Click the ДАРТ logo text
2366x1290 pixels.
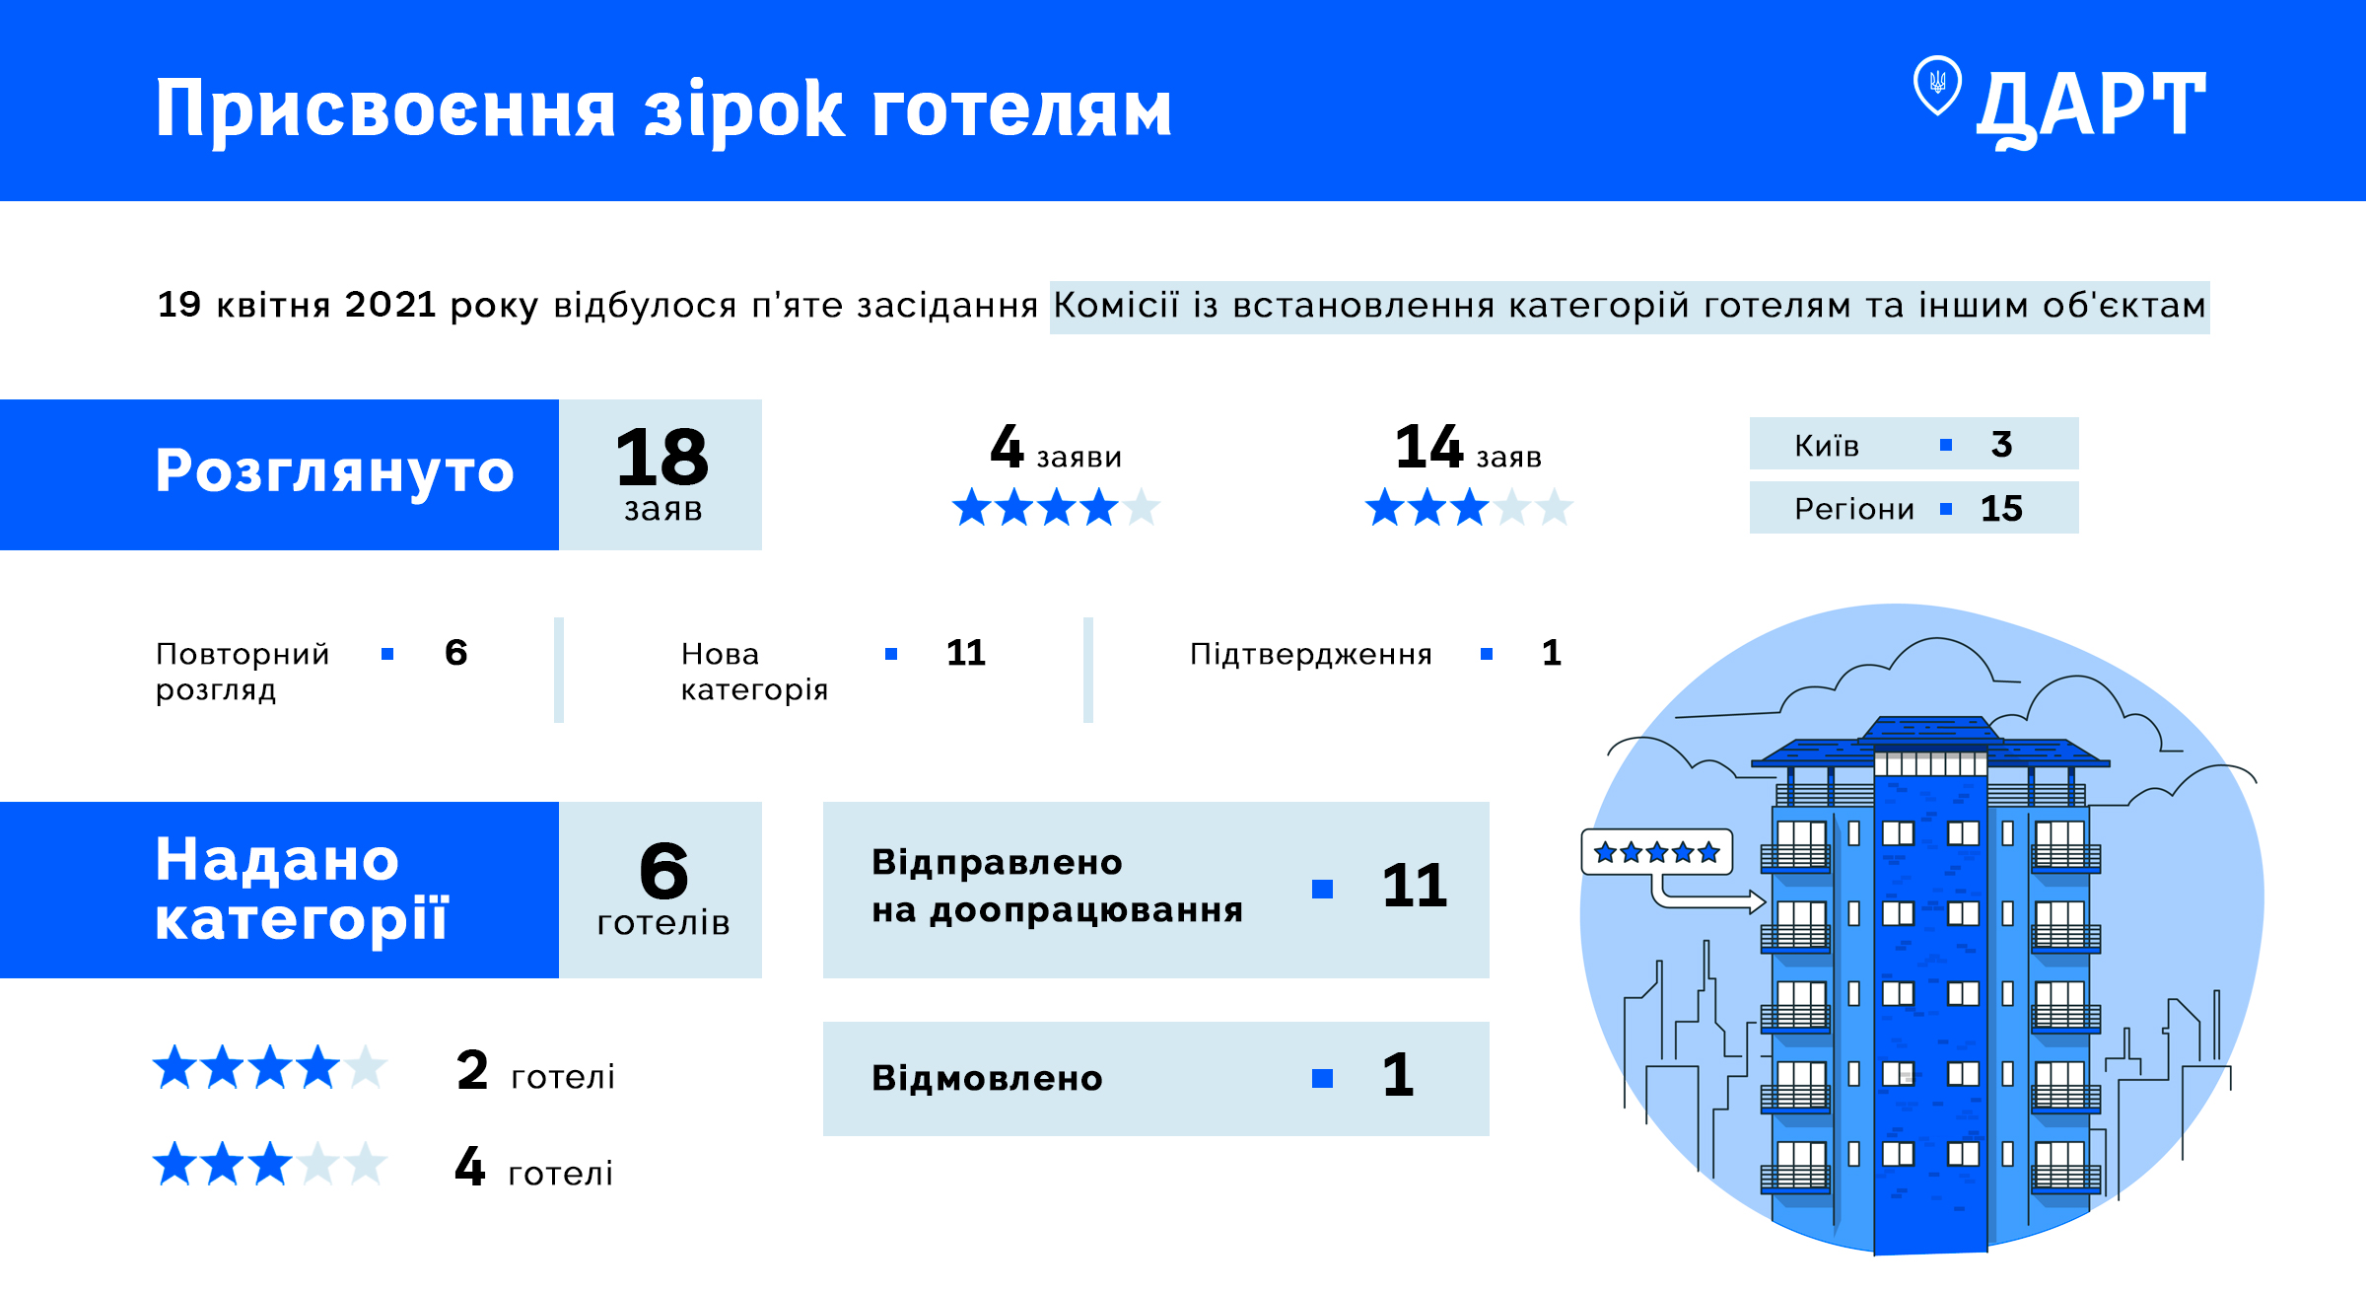pyautogui.click(x=2091, y=107)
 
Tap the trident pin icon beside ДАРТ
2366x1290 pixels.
pyautogui.click(x=1937, y=85)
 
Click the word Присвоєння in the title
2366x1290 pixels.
pyautogui.click(x=385, y=110)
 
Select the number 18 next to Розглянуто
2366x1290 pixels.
pyautogui.click(x=661, y=458)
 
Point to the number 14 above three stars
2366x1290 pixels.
pyautogui.click(x=1428, y=447)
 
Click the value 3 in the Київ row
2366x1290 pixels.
pyautogui.click(x=2001, y=444)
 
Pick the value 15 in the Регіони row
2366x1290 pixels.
pyautogui.click(x=2001, y=508)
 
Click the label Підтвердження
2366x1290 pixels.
pyautogui.click(x=1310, y=654)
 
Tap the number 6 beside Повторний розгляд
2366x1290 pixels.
pyautogui.click(x=455, y=652)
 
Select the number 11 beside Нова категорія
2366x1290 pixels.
pyautogui.click(x=966, y=652)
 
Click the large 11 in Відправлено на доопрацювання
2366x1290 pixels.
pyautogui.click(x=1415, y=885)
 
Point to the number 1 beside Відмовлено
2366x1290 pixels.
pyautogui.click(x=1398, y=1074)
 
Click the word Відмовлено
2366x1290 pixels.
pyautogui.click(x=987, y=1078)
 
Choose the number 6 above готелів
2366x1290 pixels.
pyautogui.click(x=663, y=871)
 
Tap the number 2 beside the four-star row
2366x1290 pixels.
pyautogui.click(x=472, y=1069)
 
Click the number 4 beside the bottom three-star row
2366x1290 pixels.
pyautogui.click(x=470, y=1166)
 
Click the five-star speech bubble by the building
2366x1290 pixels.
pyautogui.click(x=1657, y=852)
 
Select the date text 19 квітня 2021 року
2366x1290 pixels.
pyautogui.click(x=348, y=305)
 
